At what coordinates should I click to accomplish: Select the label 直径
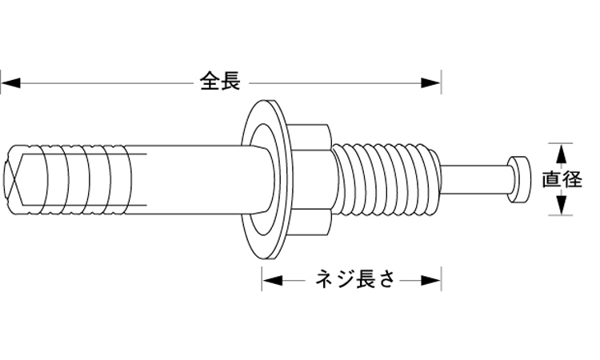coord(562,179)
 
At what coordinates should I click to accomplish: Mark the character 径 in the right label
coord(572,179)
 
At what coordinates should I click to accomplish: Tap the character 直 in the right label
coord(551,179)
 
